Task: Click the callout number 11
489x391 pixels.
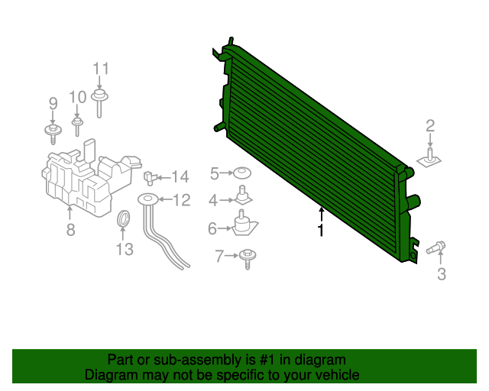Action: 101,69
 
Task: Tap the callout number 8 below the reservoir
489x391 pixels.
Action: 71,230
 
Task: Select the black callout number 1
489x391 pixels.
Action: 321,230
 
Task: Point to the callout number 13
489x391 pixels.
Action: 125,250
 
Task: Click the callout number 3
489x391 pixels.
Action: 442,273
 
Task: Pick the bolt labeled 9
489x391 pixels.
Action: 53,134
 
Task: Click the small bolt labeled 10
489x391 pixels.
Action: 77,126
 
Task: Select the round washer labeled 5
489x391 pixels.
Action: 242,173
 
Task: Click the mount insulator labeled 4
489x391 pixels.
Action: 243,195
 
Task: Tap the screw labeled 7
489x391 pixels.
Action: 248,259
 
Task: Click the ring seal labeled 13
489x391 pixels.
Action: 123,218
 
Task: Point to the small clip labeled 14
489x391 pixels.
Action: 149,178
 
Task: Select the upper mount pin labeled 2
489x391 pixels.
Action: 429,158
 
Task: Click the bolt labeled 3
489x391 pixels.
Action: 436,247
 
